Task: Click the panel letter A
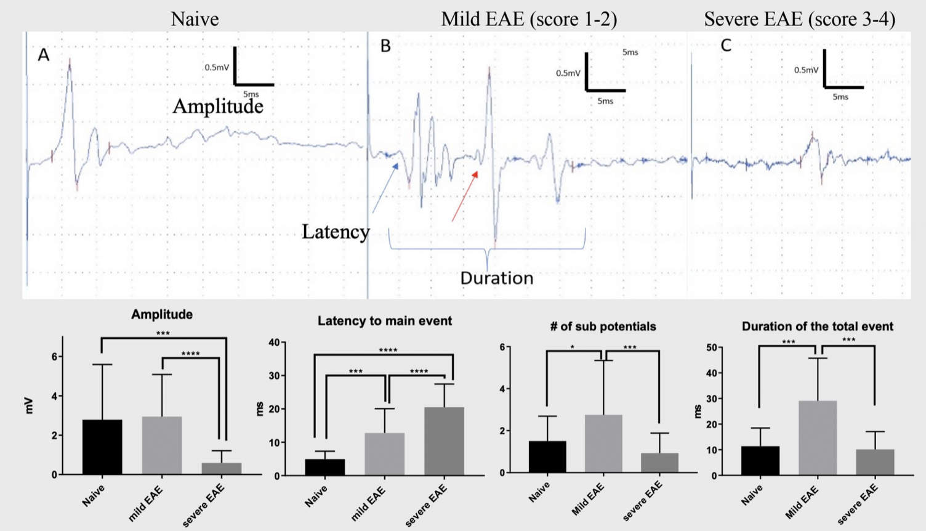tap(43, 55)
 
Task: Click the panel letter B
tap(385, 46)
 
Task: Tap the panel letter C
tap(726, 46)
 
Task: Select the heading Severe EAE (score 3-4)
tap(799, 19)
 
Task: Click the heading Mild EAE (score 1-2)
tap(529, 19)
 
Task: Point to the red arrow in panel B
tap(465, 196)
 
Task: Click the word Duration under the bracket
tap(496, 278)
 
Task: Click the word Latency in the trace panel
tap(336, 232)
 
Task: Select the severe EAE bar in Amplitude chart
tap(222, 468)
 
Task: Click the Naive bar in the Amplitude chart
tap(102, 447)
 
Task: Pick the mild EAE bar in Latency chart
tap(384, 454)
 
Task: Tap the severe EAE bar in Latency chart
tap(444, 441)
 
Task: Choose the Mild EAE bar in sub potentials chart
tap(603, 444)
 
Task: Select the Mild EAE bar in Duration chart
tap(817, 438)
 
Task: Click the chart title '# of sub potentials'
tap(602, 326)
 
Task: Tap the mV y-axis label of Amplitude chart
tap(29, 405)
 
